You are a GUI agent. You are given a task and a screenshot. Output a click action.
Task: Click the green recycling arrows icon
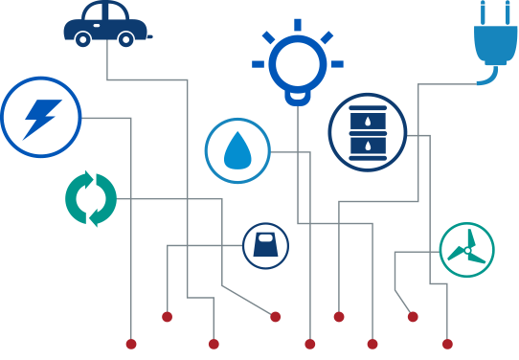tap(91, 198)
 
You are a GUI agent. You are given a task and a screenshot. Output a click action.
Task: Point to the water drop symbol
tap(237, 150)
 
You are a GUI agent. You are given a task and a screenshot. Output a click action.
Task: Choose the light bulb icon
tap(298, 59)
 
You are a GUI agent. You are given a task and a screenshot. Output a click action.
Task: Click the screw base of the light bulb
tap(298, 97)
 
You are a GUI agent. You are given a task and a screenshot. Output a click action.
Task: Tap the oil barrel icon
tap(368, 132)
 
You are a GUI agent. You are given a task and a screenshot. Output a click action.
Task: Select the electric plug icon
tap(494, 38)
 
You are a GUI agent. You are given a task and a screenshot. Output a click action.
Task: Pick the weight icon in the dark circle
tap(264, 246)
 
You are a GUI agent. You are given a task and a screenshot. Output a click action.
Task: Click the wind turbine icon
tap(466, 250)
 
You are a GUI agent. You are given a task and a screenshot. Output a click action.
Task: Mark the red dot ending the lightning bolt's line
tap(131, 344)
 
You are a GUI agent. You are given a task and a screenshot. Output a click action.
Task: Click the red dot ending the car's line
tap(214, 344)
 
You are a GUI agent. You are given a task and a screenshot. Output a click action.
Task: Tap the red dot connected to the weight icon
tap(167, 317)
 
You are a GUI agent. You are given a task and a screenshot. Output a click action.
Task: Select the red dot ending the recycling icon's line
tap(276, 317)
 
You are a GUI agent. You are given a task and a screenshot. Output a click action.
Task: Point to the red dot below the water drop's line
tap(309, 344)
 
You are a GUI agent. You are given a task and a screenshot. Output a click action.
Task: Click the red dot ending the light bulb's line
tap(372, 344)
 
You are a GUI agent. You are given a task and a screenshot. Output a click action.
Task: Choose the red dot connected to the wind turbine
tap(413, 317)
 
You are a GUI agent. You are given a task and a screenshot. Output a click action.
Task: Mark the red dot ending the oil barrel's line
tap(447, 344)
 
